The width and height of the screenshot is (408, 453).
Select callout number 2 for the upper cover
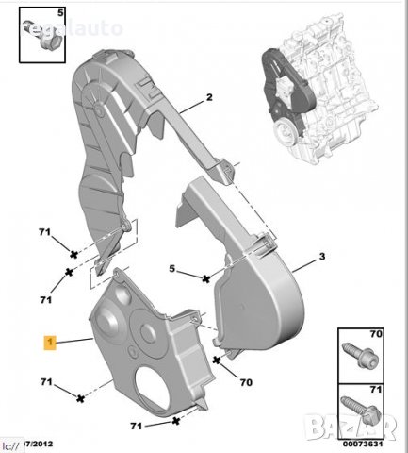tap(210, 97)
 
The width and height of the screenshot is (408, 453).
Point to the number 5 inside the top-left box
tap(61, 13)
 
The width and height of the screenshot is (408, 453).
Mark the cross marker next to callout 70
tap(218, 359)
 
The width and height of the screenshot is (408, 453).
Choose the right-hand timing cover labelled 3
tap(254, 274)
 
